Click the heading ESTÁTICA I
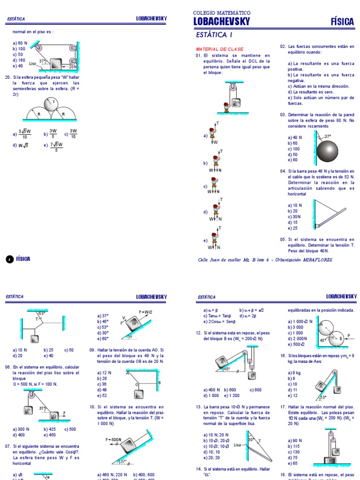click(214, 35)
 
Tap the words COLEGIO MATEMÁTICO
click(222, 13)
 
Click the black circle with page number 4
click(9, 259)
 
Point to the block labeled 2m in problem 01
click(236, 103)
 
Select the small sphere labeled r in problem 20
click(52, 104)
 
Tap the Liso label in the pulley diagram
click(32, 63)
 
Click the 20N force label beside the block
click(72, 67)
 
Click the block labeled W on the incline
click(134, 323)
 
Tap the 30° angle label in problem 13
click(251, 440)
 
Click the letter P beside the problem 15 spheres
click(349, 335)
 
